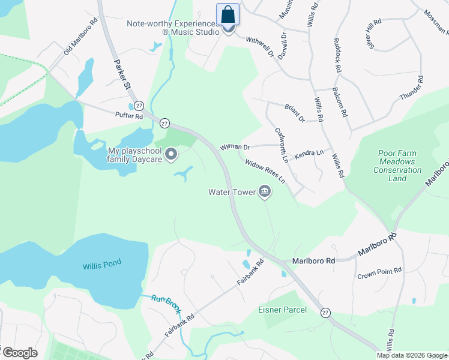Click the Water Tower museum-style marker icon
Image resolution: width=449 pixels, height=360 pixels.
pyautogui.click(x=265, y=192)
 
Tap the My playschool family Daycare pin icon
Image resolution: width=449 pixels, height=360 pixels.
pyautogui.click(x=172, y=155)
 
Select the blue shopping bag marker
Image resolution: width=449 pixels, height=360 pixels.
pyautogui.click(x=228, y=14)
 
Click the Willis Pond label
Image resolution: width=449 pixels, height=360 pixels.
pyautogui.click(x=102, y=262)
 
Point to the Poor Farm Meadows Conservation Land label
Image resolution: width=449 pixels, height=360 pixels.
pyautogui.click(x=397, y=166)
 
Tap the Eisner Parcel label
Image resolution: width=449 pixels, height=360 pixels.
pyautogui.click(x=282, y=310)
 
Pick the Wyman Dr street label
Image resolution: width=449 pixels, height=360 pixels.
pyautogui.click(x=235, y=147)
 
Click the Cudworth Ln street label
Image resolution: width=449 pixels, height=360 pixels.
pyautogui.click(x=282, y=145)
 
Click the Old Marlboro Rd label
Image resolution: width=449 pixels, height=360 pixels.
pyautogui.click(x=80, y=40)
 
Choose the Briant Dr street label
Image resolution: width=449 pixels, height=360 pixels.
pyautogui.click(x=295, y=112)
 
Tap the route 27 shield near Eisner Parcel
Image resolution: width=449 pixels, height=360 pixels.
pyautogui.click(x=325, y=313)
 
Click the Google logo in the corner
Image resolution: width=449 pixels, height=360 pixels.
pyautogui.click(x=20, y=353)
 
